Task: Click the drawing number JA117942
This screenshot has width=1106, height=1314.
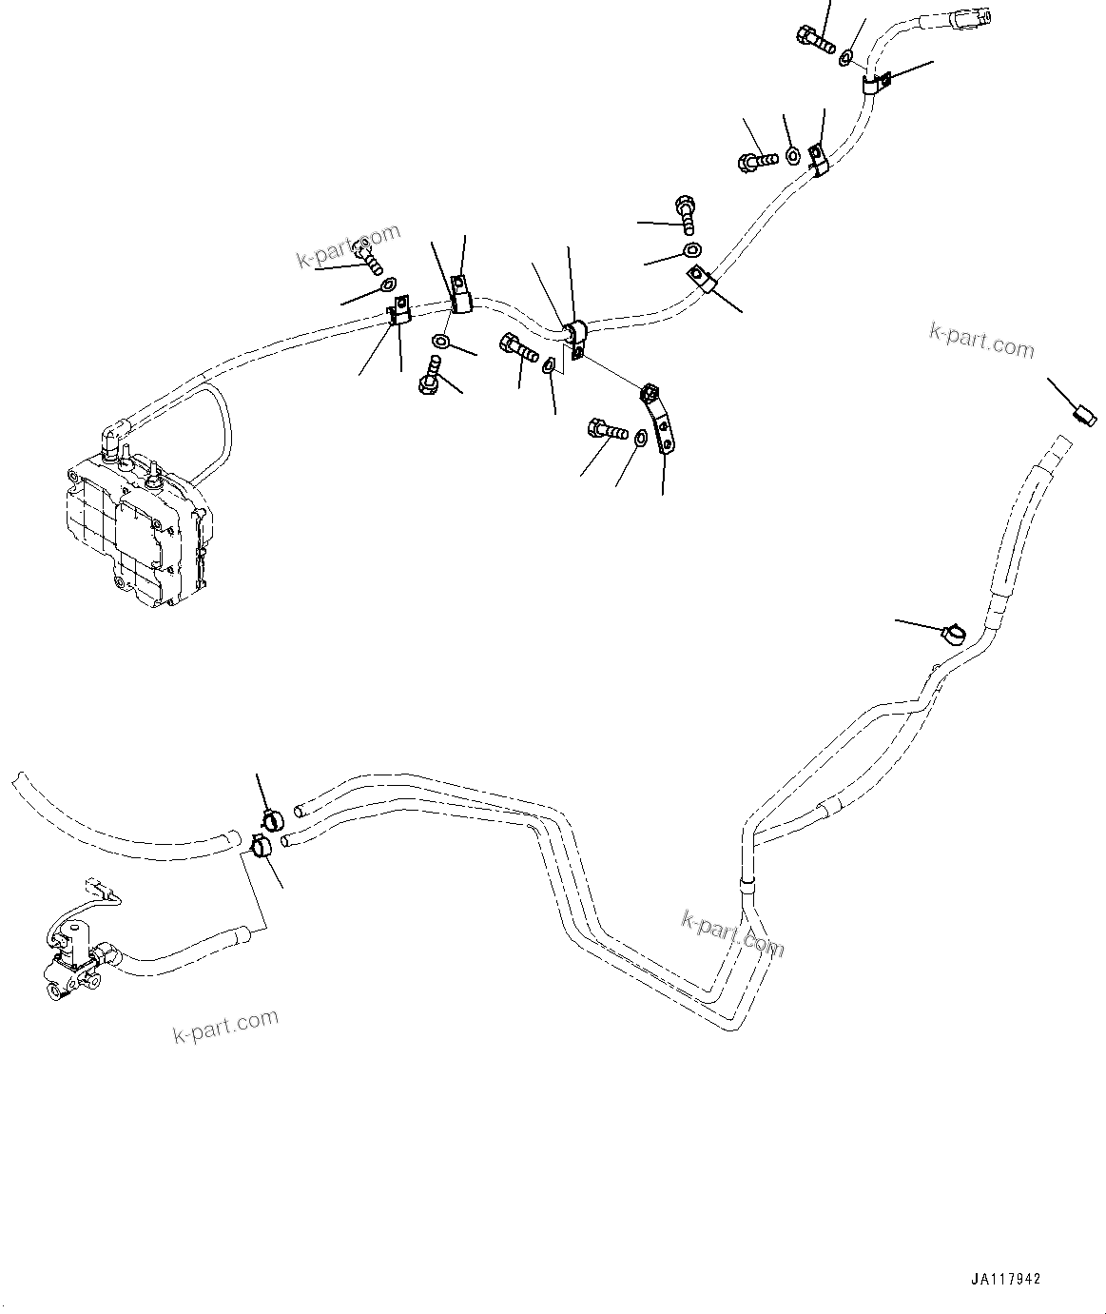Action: click(x=1006, y=1279)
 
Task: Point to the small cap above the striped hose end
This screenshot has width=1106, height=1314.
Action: click(x=1083, y=413)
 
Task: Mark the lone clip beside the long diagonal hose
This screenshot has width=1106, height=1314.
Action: click(x=953, y=632)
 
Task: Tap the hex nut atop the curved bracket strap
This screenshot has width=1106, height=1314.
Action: click(x=650, y=391)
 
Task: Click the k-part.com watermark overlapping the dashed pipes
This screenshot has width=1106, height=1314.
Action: click(x=732, y=933)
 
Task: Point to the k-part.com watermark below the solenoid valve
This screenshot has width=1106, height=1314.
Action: click(x=225, y=1026)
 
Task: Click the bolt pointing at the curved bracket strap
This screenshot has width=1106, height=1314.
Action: click(x=606, y=431)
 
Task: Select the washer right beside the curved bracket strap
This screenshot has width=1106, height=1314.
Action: click(x=642, y=438)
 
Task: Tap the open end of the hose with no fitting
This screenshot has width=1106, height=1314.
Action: click(x=17, y=780)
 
